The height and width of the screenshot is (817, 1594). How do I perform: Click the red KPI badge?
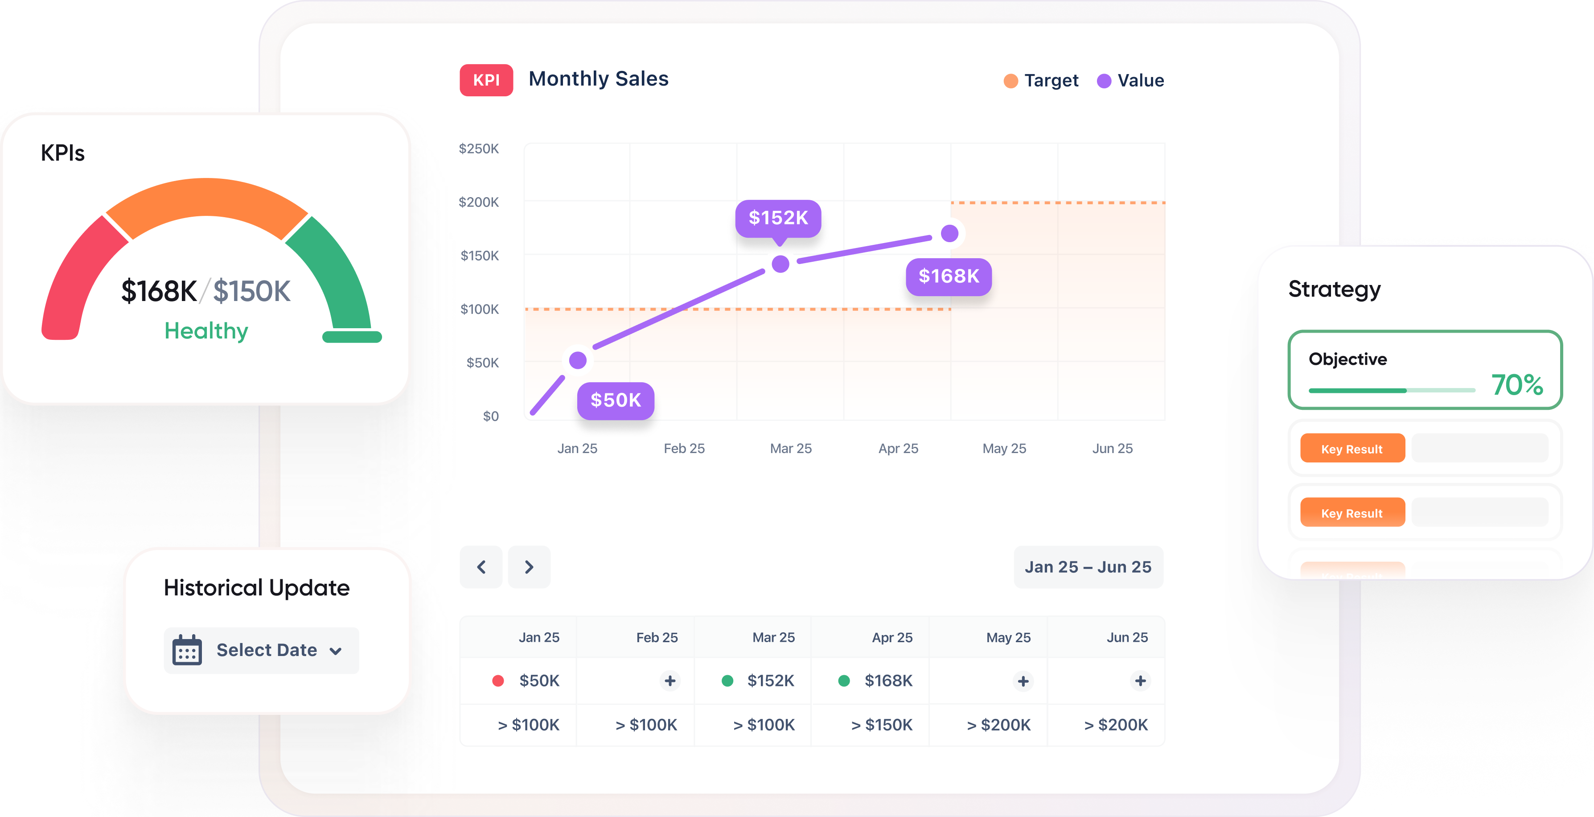[486, 80]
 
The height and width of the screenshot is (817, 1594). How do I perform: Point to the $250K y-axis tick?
[478, 149]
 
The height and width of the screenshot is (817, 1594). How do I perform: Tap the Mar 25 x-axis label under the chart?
[790, 448]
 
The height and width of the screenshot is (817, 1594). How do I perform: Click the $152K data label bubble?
[778, 218]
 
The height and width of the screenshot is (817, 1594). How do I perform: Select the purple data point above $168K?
[949, 233]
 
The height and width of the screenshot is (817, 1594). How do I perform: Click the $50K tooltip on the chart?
[615, 400]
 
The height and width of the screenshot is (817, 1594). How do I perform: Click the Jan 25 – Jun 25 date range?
[1088, 567]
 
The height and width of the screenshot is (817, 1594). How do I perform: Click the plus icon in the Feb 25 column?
[670, 681]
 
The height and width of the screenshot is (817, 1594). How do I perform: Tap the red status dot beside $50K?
[497, 681]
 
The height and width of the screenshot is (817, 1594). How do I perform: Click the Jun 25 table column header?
[1127, 638]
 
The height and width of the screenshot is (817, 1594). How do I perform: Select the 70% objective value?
[1516, 384]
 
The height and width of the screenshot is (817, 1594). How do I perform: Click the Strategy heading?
[1334, 289]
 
